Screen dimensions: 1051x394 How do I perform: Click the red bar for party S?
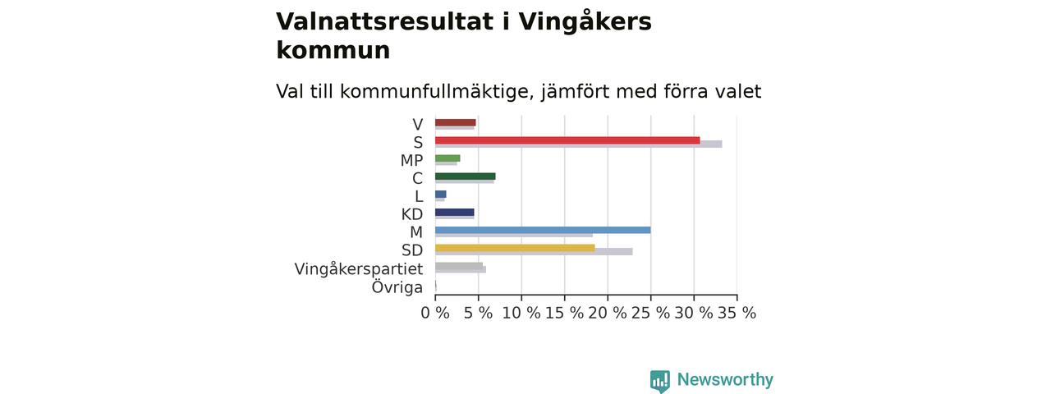click(x=567, y=140)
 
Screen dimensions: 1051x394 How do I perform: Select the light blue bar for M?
click(x=543, y=230)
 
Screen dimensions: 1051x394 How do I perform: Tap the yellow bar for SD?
click(x=515, y=248)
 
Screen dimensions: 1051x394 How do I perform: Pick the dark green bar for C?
click(x=465, y=176)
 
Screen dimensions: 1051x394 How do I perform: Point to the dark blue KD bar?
click(x=455, y=212)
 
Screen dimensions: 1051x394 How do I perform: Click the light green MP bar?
click(x=447, y=158)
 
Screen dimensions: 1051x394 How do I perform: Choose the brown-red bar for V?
click(x=455, y=122)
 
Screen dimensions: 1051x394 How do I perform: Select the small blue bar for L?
click(x=441, y=195)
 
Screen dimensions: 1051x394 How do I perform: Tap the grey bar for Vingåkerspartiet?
click(x=459, y=266)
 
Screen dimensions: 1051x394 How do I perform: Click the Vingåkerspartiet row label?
click(x=359, y=269)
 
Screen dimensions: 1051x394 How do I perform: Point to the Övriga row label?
click(x=397, y=286)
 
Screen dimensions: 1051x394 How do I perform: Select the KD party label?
click(x=412, y=214)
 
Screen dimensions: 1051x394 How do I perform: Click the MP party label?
click(x=411, y=160)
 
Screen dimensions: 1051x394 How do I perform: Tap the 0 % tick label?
click(x=435, y=313)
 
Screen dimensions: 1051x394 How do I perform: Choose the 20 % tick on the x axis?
click(x=607, y=313)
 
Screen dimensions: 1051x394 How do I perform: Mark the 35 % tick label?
click(x=737, y=313)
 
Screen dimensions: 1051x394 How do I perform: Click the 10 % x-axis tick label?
click(x=521, y=313)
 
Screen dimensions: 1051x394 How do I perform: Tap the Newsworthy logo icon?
click(x=659, y=382)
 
